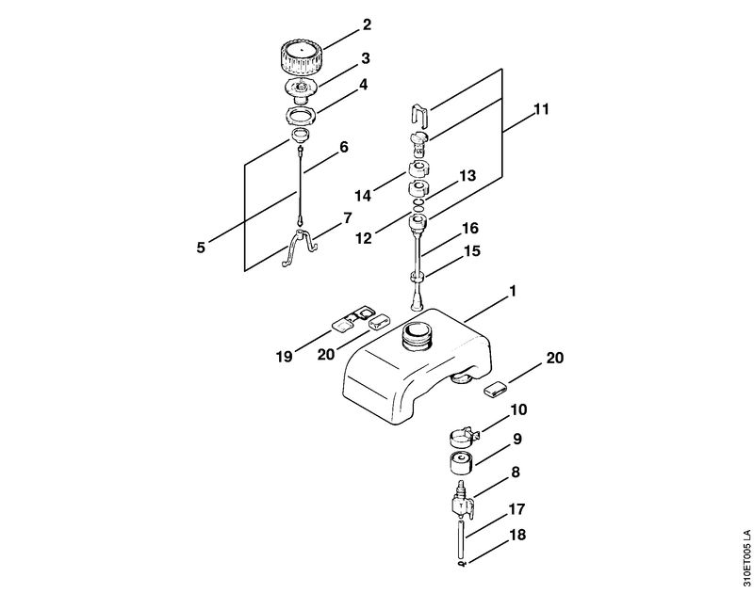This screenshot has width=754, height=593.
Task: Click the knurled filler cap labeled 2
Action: pos(303,58)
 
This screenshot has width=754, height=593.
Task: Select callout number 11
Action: pos(541,109)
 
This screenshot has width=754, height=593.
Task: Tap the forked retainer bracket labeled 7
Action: pos(301,248)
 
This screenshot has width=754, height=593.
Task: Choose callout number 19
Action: pos(285,357)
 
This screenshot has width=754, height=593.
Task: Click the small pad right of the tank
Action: pos(495,389)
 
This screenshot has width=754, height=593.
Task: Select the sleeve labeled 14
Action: pos(418,169)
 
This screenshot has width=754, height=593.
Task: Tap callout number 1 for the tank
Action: pos(513,291)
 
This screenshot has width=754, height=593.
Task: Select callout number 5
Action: pos(201,248)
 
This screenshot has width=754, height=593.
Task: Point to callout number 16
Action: pos(470,228)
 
